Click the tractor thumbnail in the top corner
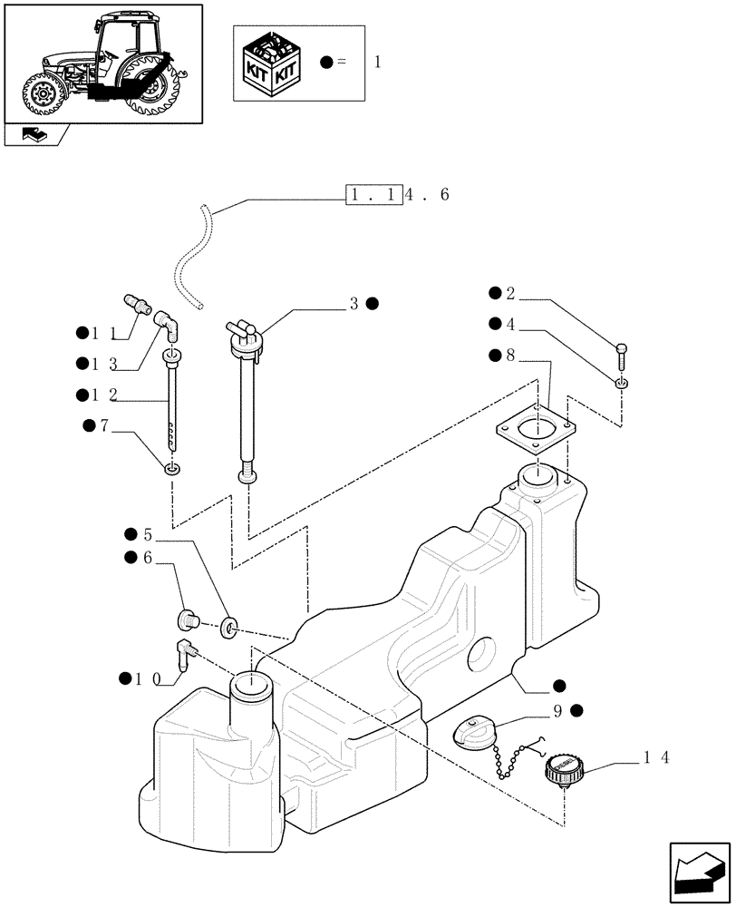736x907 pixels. tap(102, 63)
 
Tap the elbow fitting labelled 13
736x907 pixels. tap(165, 322)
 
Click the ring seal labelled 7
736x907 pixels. tap(171, 468)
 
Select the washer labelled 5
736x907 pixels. tap(228, 625)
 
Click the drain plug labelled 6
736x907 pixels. tap(188, 621)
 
